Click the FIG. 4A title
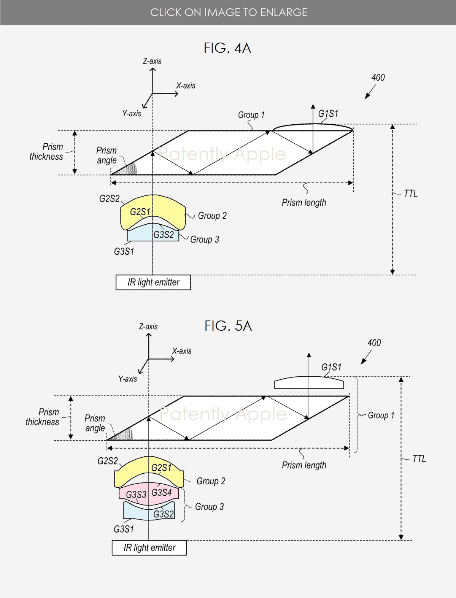(x=227, y=48)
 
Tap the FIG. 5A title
(x=228, y=326)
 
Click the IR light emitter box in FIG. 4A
(x=153, y=282)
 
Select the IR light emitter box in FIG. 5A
(x=149, y=548)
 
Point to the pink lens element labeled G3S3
(x=133, y=495)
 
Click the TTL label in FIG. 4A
(x=410, y=194)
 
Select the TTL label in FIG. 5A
(x=419, y=459)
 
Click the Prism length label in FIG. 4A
(x=304, y=203)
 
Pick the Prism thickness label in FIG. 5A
(x=42, y=417)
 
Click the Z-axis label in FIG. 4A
(x=152, y=61)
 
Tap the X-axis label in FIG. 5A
(x=182, y=351)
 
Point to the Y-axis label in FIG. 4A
(x=132, y=113)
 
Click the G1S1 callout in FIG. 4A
(x=328, y=114)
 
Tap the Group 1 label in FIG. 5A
(x=381, y=415)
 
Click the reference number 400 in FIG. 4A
(x=378, y=78)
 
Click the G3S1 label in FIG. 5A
(x=124, y=529)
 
